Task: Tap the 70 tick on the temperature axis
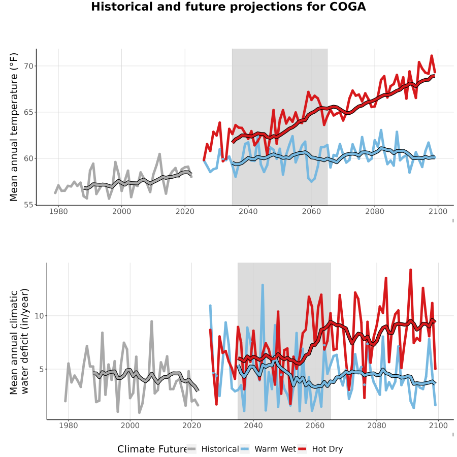pyautogui.click(x=28, y=66)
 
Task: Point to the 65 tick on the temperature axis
pyautogui.click(x=28, y=112)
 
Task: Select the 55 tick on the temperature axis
pyautogui.click(x=28, y=205)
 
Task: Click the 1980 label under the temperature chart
pyautogui.click(x=58, y=212)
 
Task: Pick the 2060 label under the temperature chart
pyautogui.click(x=311, y=212)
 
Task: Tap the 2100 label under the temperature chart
pyautogui.click(x=438, y=212)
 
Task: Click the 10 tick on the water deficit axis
pyautogui.click(x=39, y=316)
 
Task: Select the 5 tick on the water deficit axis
pyautogui.click(x=42, y=369)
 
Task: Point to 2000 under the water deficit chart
pyautogui.click(x=130, y=426)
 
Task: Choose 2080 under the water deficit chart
pyautogui.click(x=377, y=426)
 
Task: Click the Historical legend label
pyautogui.click(x=220, y=449)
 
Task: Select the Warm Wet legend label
pyautogui.click(x=275, y=449)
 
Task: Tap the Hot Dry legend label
pyautogui.click(x=328, y=449)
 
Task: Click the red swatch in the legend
pyautogui.click(x=302, y=449)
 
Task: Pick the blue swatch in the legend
pyautogui.click(x=245, y=449)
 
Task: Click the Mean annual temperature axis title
pyautogui.click(x=14, y=127)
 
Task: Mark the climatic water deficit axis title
pyautogui.click(x=19, y=341)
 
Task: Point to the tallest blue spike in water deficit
pyautogui.click(x=263, y=285)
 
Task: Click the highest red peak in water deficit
pyautogui.click(x=411, y=270)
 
